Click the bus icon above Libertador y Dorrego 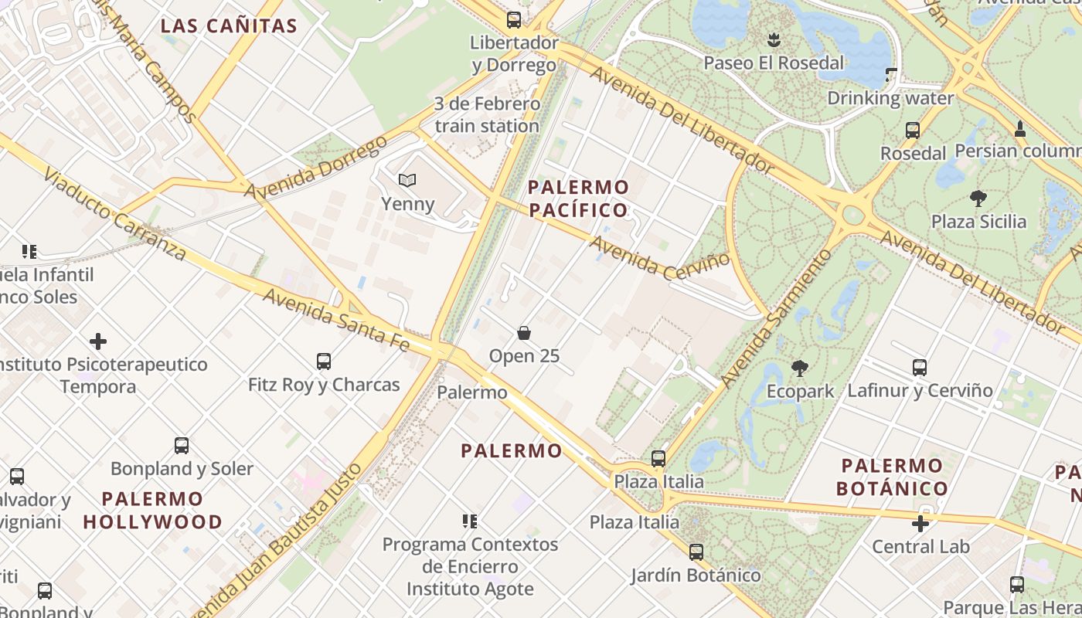pyautogui.click(x=514, y=20)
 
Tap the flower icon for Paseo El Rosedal pyautogui.click(x=774, y=39)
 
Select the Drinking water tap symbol pyautogui.click(x=890, y=75)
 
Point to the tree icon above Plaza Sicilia pyautogui.click(x=978, y=199)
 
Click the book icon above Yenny pyautogui.click(x=407, y=181)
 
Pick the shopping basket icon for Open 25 pyautogui.click(x=524, y=333)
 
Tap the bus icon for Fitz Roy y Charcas pyautogui.click(x=324, y=361)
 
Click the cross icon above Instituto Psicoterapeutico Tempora pyautogui.click(x=98, y=341)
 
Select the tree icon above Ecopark pyautogui.click(x=800, y=368)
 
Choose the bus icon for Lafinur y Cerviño pyautogui.click(x=920, y=367)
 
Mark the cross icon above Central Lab pyautogui.click(x=920, y=524)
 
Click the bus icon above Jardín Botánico pyautogui.click(x=696, y=552)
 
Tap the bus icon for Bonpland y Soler pyautogui.click(x=182, y=445)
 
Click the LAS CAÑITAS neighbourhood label pyautogui.click(x=229, y=26)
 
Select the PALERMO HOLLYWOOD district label pyautogui.click(x=152, y=510)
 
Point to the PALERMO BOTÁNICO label pyautogui.click(x=892, y=477)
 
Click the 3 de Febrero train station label pyautogui.click(x=487, y=114)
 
